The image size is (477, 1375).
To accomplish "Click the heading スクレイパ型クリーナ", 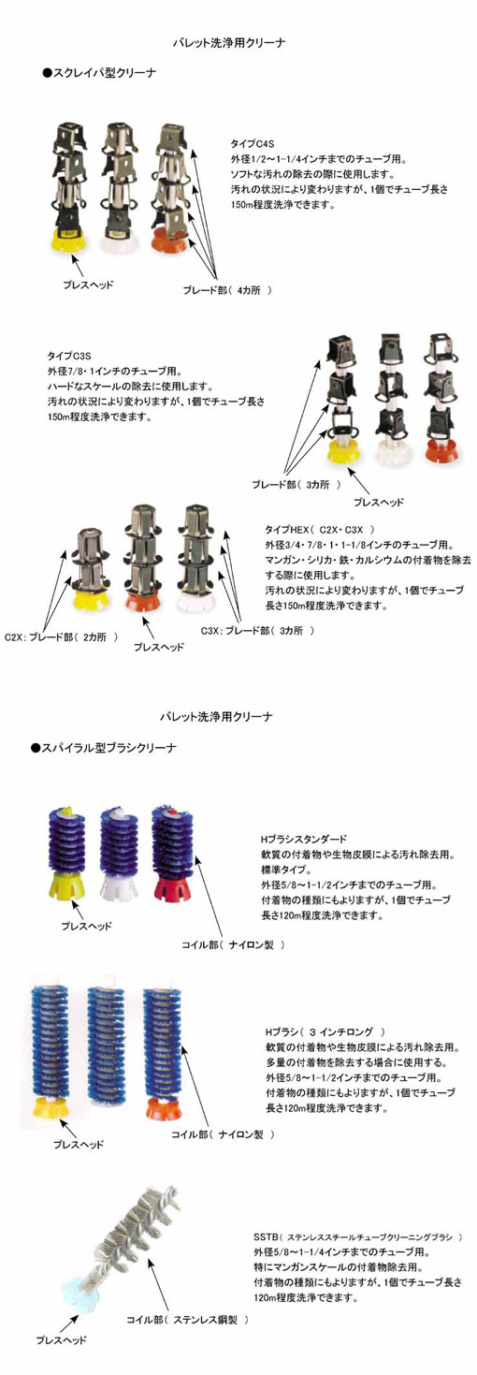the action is pyautogui.click(x=99, y=73).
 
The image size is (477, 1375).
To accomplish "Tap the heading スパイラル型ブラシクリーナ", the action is pyautogui.click(x=104, y=748).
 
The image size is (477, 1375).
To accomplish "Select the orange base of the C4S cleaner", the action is pyautogui.click(x=168, y=240).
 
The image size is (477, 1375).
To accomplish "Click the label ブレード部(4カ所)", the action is pyautogui.click(x=227, y=290).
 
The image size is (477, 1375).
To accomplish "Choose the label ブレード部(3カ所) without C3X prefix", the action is pyautogui.click(x=296, y=485).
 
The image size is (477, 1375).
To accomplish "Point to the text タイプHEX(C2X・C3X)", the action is pyautogui.click(x=320, y=529).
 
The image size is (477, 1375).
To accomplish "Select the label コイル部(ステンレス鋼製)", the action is pyautogui.click(x=188, y=1319).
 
